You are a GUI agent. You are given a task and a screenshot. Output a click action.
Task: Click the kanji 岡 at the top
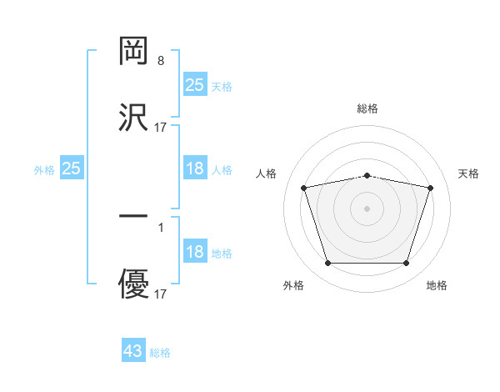[133, 51]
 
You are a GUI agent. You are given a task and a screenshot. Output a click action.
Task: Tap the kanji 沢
[133, 117]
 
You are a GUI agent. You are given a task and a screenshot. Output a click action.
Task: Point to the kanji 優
[133, 284]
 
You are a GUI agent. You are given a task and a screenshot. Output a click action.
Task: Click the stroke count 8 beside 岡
[160, 61]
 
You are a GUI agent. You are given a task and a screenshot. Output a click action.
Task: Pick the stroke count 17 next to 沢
[161, 128]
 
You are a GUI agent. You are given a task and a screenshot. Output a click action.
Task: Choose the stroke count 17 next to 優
[161, 294]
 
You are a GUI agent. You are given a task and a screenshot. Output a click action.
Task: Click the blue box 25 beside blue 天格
[195, 85]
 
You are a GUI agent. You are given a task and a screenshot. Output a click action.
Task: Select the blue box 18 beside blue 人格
[195, 168]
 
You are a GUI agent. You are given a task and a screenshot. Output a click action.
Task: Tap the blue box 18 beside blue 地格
[195, 253]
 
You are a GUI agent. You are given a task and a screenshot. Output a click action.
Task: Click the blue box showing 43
[133, 351]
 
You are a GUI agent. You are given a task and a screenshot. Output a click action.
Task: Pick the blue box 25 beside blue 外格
[72, 168]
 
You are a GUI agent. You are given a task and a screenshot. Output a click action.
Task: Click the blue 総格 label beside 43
[160, 353]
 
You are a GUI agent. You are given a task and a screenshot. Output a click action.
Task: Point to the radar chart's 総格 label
[367, 108]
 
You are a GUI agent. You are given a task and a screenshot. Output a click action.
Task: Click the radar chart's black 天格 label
[469, 173]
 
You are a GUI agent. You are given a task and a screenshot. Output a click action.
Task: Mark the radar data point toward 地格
[407, 264]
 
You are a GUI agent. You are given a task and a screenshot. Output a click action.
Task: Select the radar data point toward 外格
[327, 264]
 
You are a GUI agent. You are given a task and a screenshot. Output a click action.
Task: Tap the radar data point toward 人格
[303, 188]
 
